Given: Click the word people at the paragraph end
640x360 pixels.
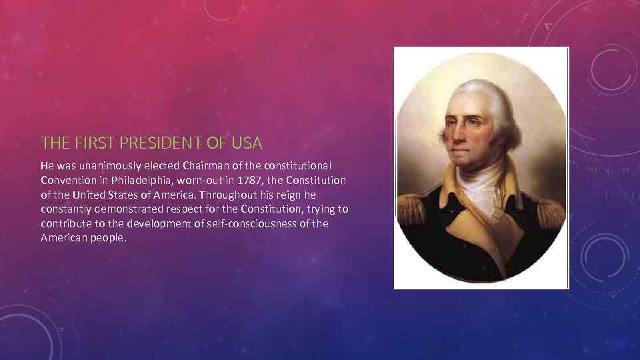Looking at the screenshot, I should [x=108, y=238].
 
